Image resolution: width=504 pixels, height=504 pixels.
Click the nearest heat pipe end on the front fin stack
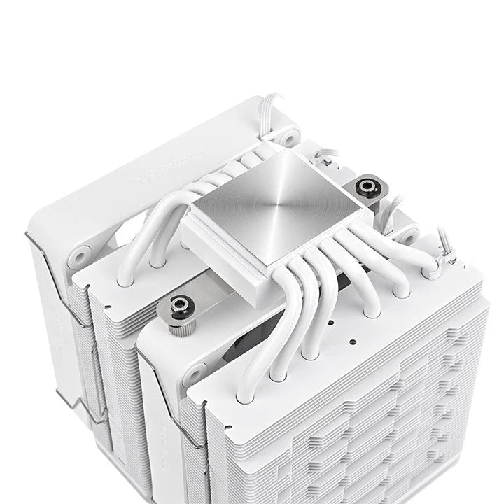pos(246,396)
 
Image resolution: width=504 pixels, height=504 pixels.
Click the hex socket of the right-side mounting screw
pos(364,185)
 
